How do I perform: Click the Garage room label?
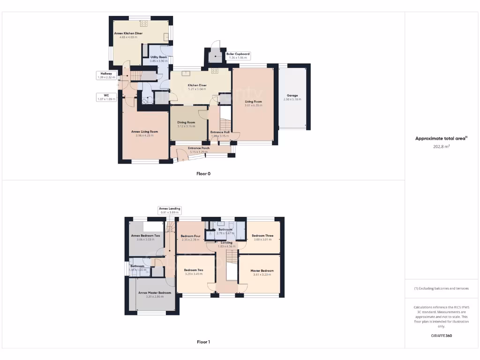(294, 96)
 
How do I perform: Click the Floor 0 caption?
(203, 173)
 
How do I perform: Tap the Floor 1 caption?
(203, 342)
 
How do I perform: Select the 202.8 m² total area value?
(441, 146)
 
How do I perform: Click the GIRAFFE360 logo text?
(442, 336)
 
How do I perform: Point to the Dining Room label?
(186, 122)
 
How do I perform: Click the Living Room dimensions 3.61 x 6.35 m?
(253, 105)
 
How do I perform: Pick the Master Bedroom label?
(262, 270)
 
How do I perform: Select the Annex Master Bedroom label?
(155, 292)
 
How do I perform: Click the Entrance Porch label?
(199, 148)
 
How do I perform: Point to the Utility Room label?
(158, 57)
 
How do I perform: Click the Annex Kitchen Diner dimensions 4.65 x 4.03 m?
(128, 37)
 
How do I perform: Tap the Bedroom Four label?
(191, 236)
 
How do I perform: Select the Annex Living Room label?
(144, 132)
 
